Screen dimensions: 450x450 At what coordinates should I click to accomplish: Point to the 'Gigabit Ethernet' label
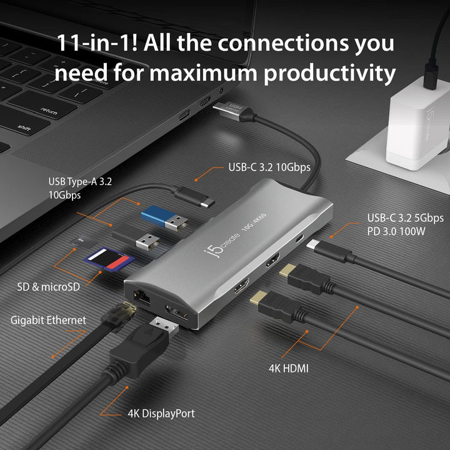pos(48,320)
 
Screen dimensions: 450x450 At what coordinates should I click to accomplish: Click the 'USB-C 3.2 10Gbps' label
pos(269,167)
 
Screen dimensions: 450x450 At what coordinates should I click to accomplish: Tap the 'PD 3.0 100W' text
pos(396,231)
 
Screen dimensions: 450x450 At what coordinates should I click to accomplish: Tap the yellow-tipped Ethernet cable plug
pos(122,312)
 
